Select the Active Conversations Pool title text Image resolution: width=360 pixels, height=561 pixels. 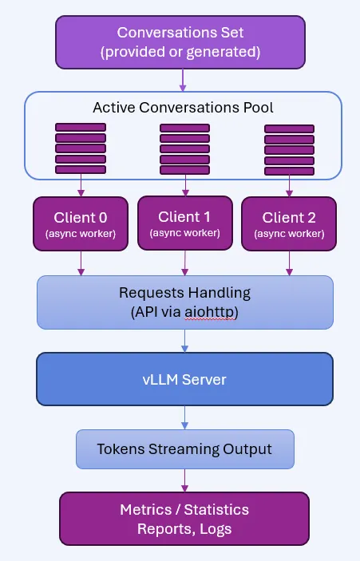tap(184, 107)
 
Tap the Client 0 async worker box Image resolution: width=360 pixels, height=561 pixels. tap(80, 223)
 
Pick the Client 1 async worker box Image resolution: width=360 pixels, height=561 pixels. tap(185, 223)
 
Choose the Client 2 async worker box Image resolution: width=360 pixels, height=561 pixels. tap(288, 223)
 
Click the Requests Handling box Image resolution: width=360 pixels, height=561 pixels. tap(184, 302)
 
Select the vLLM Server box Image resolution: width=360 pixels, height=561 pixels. tap(184, 379)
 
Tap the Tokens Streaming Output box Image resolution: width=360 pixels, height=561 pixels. tap(184, 449)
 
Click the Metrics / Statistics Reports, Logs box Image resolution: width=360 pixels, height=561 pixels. tap(184, 517)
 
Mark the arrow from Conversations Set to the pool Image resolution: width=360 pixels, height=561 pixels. tap(184, 80)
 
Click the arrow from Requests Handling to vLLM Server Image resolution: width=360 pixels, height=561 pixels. tap(185, 340)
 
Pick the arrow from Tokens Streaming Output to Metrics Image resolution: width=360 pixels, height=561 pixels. tap(185, 480)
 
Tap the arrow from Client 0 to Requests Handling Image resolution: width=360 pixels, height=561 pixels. tap(81, 263)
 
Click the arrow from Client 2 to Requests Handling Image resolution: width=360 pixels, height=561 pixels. tap(288, 263)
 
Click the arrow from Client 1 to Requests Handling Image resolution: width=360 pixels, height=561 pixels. tap(185, 262)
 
